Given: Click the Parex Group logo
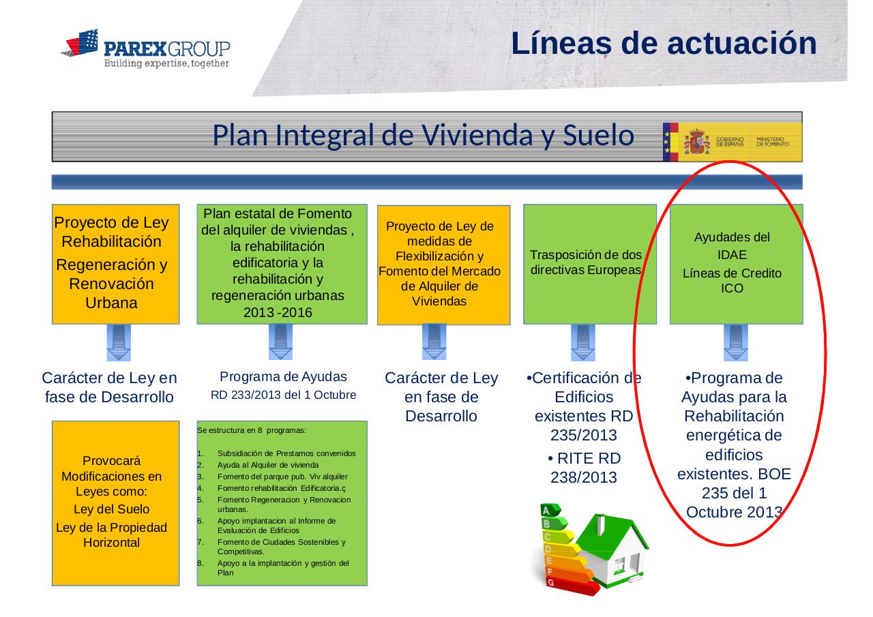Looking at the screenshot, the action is coord(145,48).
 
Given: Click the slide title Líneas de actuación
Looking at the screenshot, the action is coord(664,43).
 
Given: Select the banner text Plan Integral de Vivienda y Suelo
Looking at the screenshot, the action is coord(424,135).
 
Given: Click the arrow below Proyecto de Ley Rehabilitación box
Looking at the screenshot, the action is coord(119,342).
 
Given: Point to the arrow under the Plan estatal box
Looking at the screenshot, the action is coord(280,342).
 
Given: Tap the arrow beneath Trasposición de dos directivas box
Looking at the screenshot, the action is coord(583,342).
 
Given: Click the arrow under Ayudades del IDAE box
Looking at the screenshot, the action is coord(736,342).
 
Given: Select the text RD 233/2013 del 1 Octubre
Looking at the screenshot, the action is coord(283,395).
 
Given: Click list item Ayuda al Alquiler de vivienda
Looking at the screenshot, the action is coord(268,465).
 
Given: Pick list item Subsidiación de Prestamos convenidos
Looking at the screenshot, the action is coord(286,453).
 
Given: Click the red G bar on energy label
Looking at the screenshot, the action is coord(572,586).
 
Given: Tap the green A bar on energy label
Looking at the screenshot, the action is coord(550,510).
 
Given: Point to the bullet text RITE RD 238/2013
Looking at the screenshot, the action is coord(584,468).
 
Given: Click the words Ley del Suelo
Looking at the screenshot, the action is coord(111,509).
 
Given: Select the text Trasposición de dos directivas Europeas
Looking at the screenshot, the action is coord(586,262).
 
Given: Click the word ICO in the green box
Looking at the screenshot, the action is coord(732,288).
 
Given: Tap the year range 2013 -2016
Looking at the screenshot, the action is coord(278,312).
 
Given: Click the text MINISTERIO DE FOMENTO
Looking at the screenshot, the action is coord(773,141).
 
